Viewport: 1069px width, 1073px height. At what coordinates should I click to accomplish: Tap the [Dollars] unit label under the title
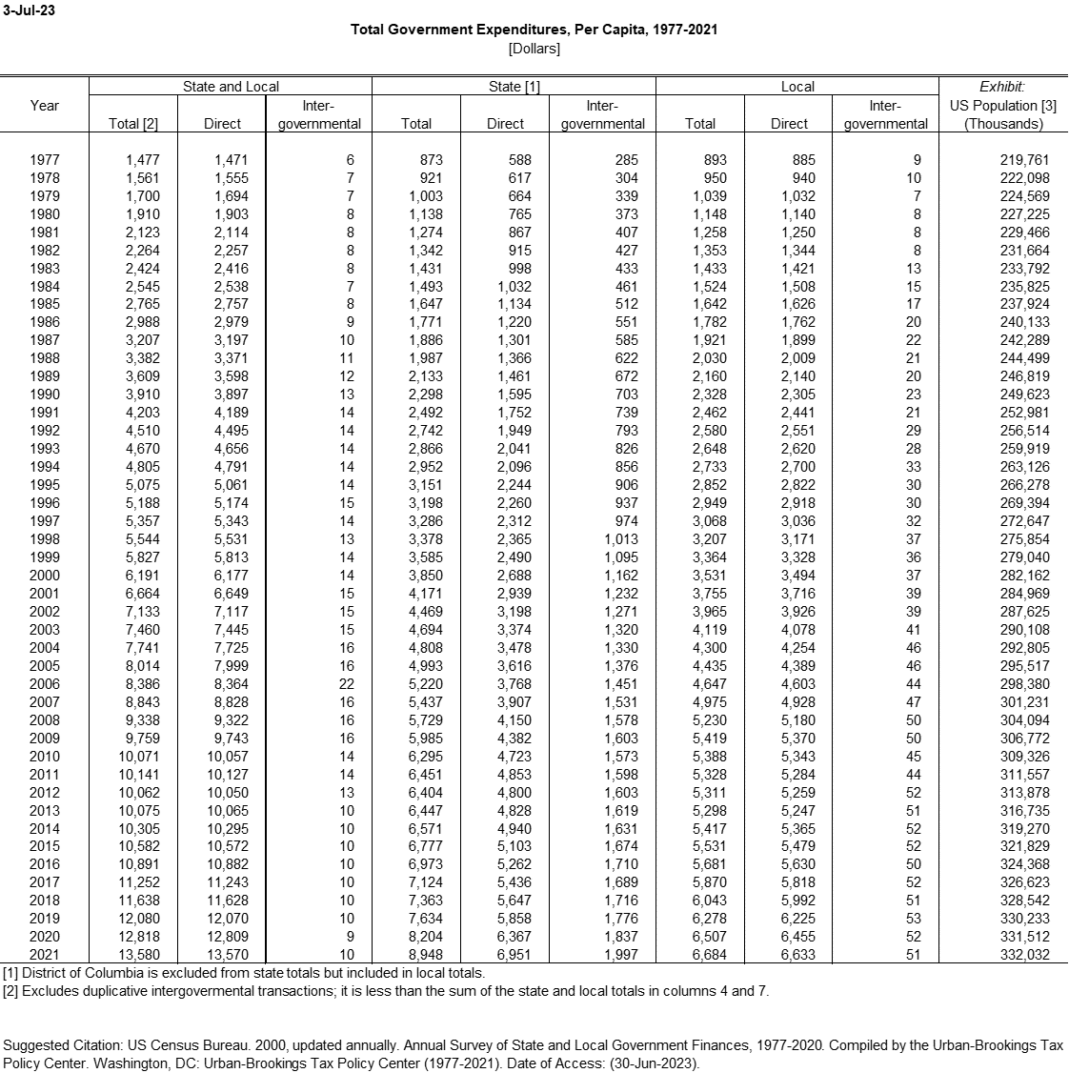(534, 48)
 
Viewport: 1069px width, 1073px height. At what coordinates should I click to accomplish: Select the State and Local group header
(231, 86)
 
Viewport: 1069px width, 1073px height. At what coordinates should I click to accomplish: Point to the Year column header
(45, 105)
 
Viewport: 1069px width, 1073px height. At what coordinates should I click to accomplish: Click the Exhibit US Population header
(1002, 105)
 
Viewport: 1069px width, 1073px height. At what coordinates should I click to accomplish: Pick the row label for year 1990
(45, 395)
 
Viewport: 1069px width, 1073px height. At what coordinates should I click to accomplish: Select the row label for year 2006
(45, 684)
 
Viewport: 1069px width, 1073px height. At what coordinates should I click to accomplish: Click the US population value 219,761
(1024, 160)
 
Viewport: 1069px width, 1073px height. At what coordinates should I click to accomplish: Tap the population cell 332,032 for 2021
(1024, 955)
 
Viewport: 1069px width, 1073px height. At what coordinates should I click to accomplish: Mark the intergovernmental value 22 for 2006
(346, 684)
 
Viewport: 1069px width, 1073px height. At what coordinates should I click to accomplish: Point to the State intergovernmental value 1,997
(620, 955)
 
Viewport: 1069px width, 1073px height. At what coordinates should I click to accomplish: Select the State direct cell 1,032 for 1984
(514, 286)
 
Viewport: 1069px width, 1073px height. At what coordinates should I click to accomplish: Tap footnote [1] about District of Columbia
(243, 973)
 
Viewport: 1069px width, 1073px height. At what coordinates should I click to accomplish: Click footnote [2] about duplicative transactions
(385, 991)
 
